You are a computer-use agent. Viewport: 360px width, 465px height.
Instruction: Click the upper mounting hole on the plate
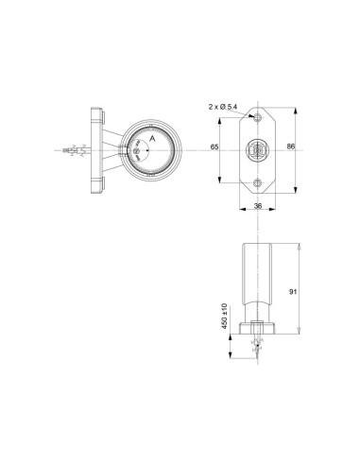coord(257,117)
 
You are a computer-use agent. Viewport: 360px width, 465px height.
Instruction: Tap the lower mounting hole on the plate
coord(257,179)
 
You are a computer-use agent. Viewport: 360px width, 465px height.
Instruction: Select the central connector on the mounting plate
coord(257,148)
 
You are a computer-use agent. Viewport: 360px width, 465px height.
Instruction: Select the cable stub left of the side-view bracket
coord(71,150)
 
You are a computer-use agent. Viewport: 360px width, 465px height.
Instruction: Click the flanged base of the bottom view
coord(258,330)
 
